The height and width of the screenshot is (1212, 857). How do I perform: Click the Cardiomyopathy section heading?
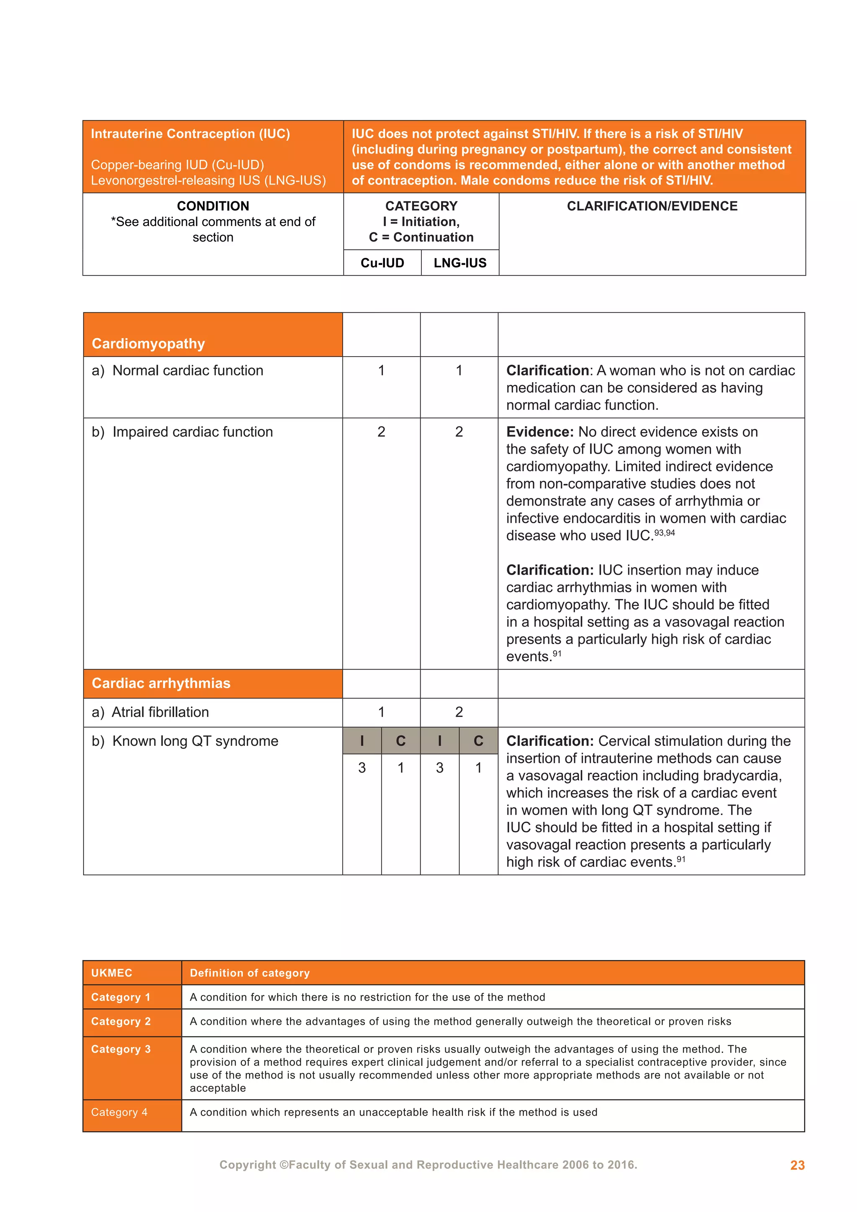tap(148, 344)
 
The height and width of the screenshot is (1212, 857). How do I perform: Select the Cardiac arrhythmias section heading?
tap(161, 683)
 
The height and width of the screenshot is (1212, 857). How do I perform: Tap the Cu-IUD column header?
tap(382, 263)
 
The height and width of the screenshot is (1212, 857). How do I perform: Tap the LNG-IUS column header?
tap(459, 263)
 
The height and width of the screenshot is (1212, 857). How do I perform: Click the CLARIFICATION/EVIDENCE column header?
tap(652, 206)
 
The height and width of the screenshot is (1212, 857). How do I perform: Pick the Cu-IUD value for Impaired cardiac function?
tap(381, 432)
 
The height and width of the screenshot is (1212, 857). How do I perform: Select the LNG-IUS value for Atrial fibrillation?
tap(459, 712)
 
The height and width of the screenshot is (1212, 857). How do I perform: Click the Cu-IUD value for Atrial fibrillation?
tap(381, 712)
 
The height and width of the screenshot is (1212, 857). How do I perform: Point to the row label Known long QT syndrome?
tap(185, 741)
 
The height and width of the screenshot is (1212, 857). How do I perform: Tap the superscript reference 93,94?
tap(665, 533)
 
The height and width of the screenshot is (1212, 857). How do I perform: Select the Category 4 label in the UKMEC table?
tap(119, 1112)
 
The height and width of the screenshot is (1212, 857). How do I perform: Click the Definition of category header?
tap(249, 973)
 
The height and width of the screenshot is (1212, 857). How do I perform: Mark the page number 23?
tap(797, 1165)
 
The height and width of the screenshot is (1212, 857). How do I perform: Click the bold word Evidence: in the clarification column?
tap(539, 432)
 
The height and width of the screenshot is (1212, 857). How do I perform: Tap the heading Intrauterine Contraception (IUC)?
tap(190, 134)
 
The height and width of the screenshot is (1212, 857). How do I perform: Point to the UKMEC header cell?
tap(112, 973)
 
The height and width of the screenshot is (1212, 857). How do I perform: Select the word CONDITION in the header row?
tap(213, 206)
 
